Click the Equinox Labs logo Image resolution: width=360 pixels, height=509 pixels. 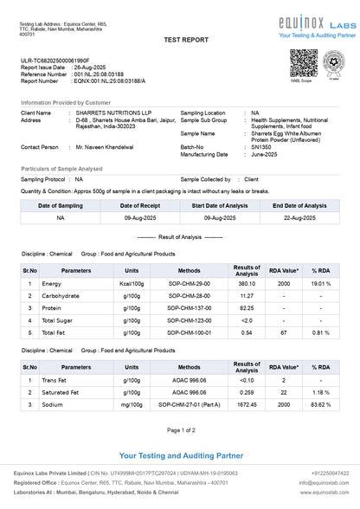(x=311, y=23)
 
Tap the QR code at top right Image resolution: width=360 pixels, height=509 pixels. (x=304, y=63)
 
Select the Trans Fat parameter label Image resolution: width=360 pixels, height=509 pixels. (x=55, y=380)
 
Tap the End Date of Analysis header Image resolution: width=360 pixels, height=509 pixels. (x=299, y=206)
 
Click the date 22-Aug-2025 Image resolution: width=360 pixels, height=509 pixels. (x=299, y=219)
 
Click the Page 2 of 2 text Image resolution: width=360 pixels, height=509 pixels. (x=180, y=430)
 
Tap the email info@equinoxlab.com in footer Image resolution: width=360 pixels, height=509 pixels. (x=325, y=483)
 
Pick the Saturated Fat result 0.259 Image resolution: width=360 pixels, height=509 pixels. (x=247, y=392)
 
